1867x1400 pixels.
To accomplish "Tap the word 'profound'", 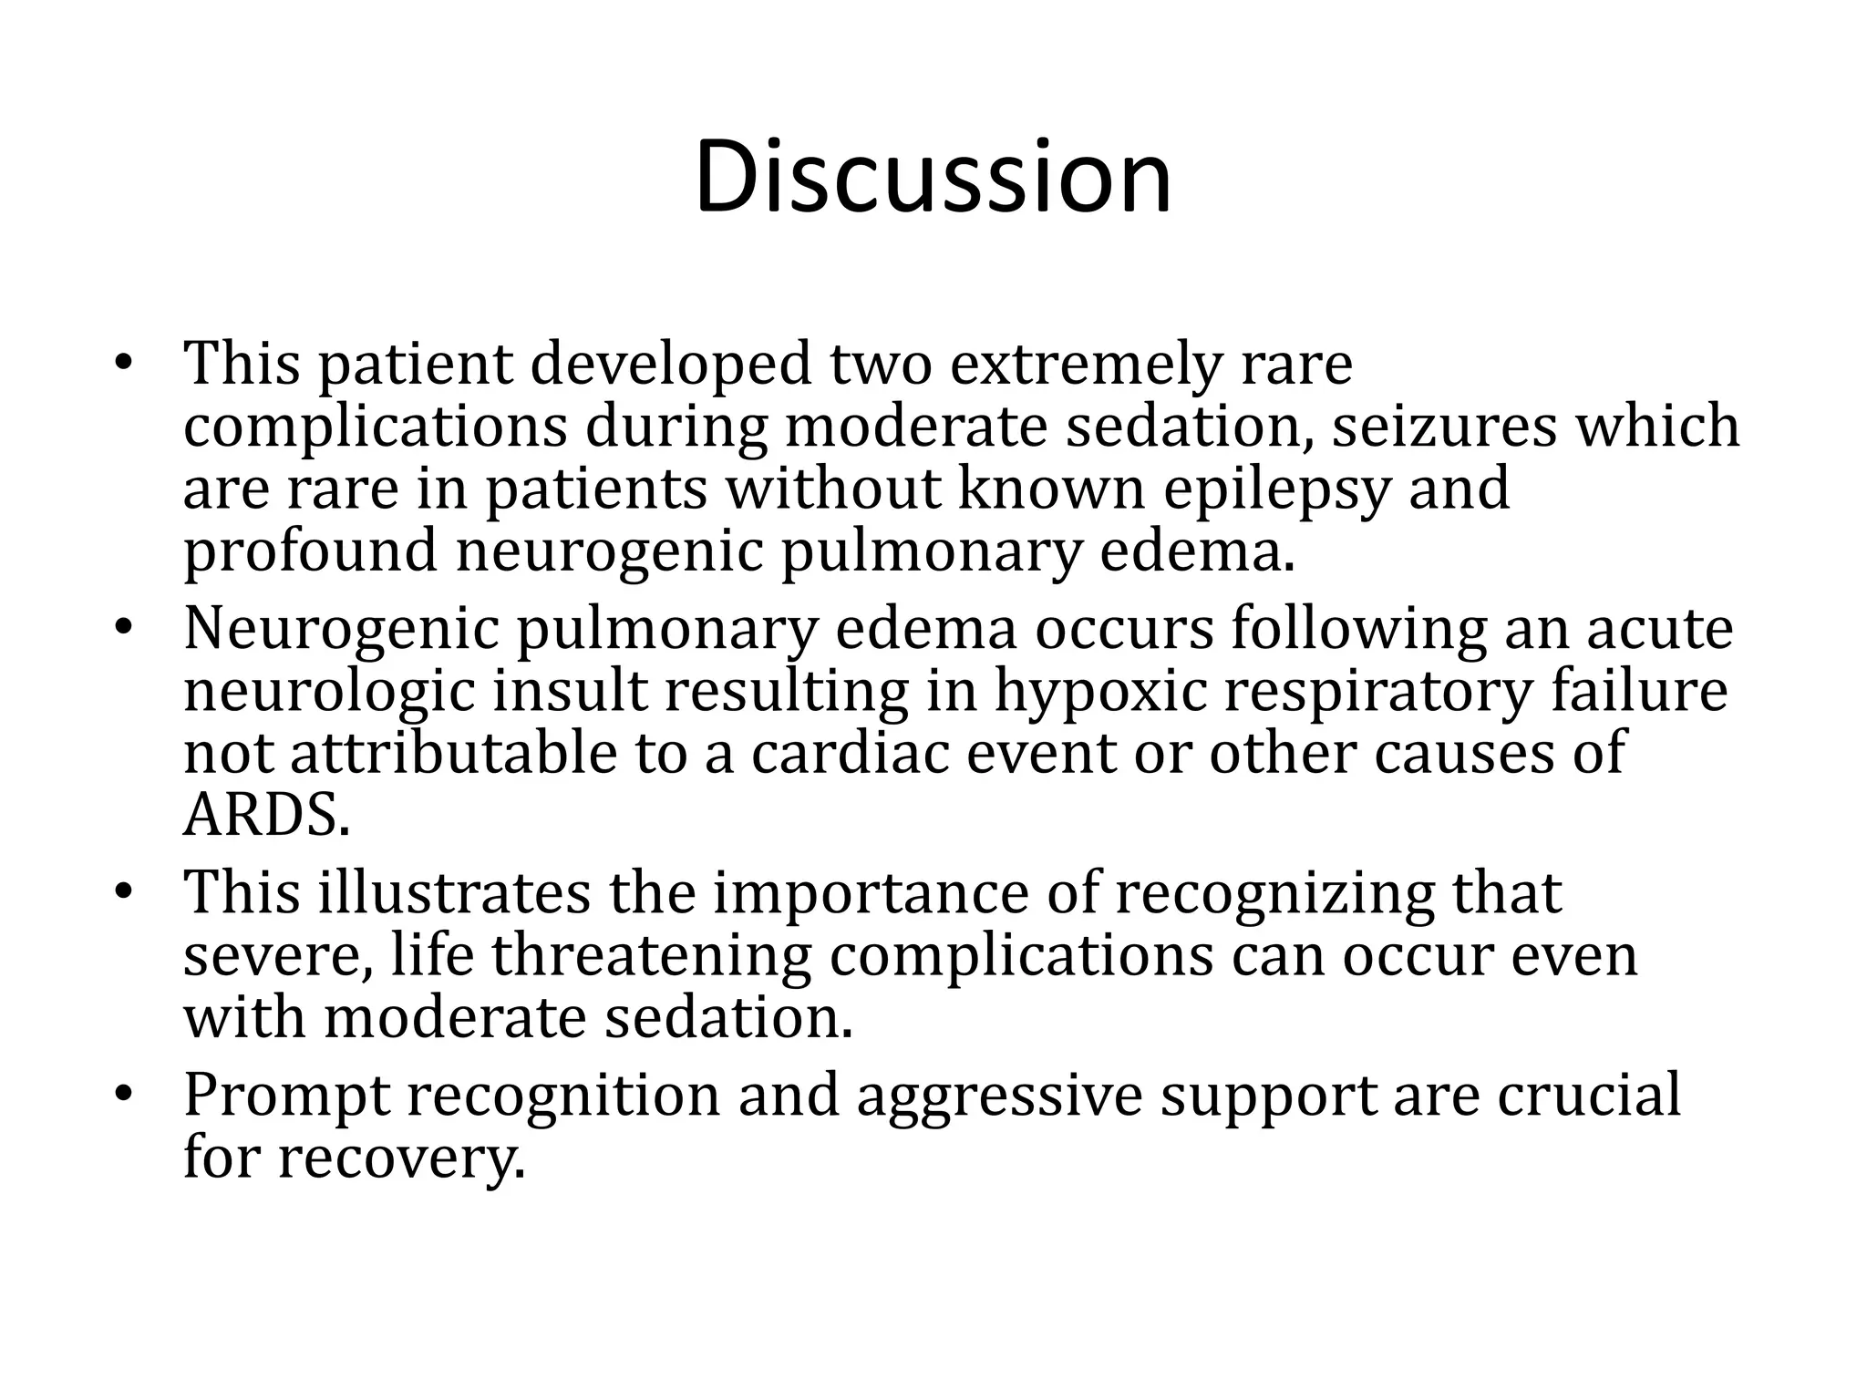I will (x=310, y=552).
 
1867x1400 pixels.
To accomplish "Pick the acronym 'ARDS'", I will (x=265, y=817).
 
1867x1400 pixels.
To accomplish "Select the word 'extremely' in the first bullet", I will (x=1084, y=364).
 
